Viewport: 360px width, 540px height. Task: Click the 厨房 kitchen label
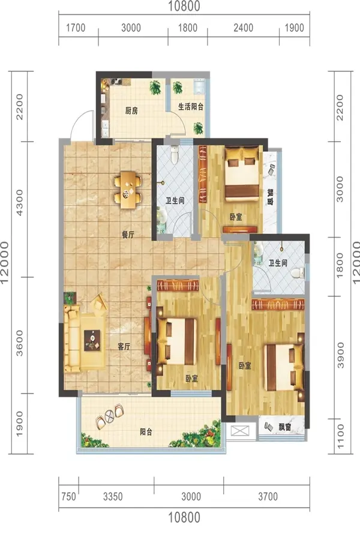click(131, 111)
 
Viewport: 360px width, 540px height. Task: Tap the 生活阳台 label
click(191, 106)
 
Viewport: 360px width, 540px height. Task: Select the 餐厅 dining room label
click(128, 235)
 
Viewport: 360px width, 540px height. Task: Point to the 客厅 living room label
click(124, 346)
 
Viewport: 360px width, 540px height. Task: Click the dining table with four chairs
click(127, 190)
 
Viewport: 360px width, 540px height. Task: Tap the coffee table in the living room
click(92, 340)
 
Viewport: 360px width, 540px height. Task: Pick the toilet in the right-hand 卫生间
click(298, 273)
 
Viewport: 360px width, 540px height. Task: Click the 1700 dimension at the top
click(76, 28)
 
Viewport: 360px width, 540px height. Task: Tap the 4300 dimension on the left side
click(20, 203)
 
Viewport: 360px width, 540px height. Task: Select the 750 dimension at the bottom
click(68, 497)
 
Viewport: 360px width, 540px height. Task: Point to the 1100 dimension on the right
click(340, 436)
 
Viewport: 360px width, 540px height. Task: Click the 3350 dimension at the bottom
click(113, 497)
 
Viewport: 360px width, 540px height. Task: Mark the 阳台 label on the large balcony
click(146, 432)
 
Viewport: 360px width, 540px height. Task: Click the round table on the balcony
click(109, 416)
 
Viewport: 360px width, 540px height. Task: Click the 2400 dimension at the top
click(243, 28)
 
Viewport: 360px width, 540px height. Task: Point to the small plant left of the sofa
click(70, 297)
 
